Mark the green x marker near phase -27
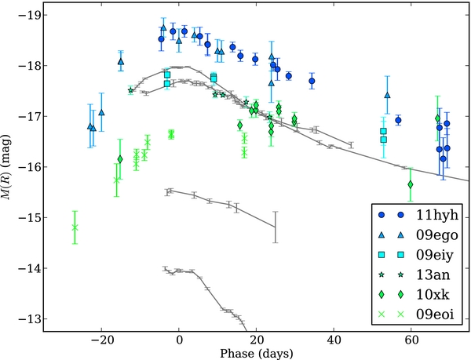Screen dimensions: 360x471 (x=75, y=227)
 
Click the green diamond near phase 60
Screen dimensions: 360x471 (x=411, y=184)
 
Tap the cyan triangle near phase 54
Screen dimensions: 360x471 (x=387, y=95)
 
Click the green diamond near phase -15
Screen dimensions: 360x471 (x=120, y=159)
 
